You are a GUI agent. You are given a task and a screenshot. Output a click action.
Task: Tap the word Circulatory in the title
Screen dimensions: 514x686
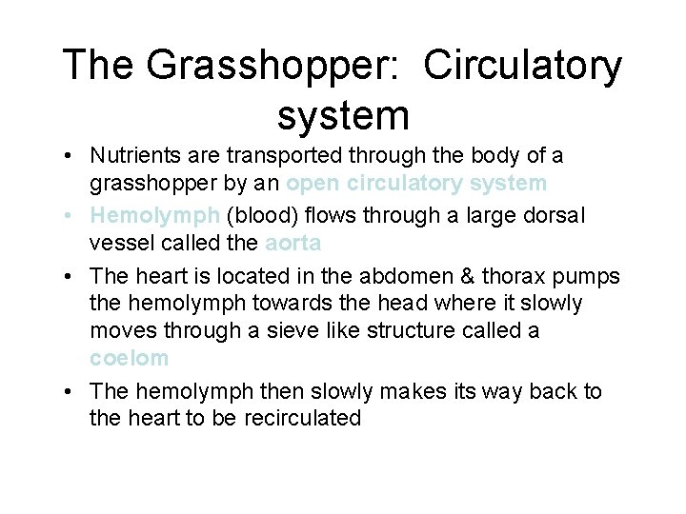click(x=522, y=67)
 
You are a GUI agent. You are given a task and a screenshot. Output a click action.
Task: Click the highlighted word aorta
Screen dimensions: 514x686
click(x=293, y=243)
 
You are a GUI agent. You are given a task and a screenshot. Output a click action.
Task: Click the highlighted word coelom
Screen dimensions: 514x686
click(x=129, y=358)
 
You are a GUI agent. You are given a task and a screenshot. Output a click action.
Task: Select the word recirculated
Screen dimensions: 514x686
click(x=302, y=418)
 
